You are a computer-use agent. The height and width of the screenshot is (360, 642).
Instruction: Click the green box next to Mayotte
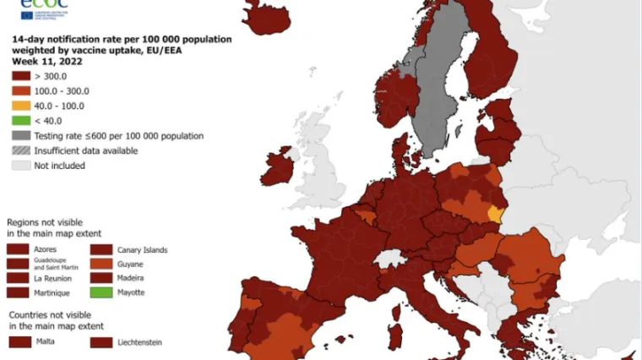pos(101,292)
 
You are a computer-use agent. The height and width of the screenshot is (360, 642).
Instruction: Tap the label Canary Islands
pos(143,250)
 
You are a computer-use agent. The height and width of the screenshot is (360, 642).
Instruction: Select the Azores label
pos(46,250)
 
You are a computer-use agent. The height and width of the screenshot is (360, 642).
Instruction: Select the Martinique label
pos(52,292)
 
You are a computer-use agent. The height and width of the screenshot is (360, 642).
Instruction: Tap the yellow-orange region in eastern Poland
pos(496,212)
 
